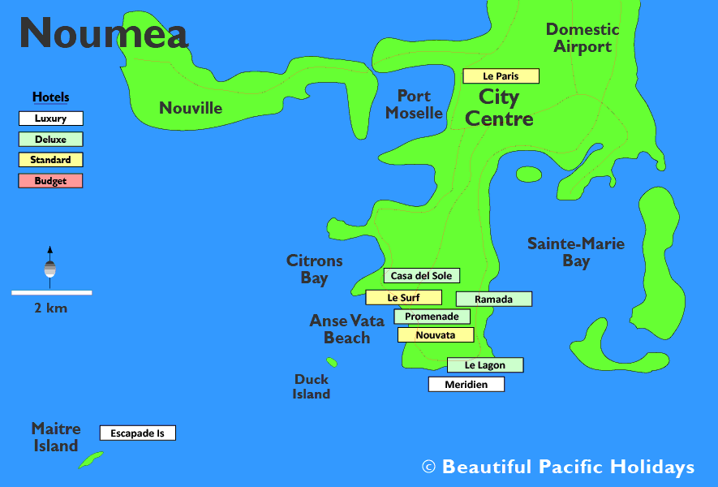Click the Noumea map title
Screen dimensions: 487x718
point(104,32)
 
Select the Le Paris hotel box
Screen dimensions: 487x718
point(501,76)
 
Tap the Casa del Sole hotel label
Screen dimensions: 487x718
point(421,276)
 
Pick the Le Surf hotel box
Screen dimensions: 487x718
point(403,298)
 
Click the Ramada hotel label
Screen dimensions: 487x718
point(493,300)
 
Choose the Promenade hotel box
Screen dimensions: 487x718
point(432,317)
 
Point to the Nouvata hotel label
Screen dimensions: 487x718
point(435,335)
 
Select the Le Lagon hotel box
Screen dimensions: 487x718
point(485,365)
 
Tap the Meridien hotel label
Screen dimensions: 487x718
point(466,385)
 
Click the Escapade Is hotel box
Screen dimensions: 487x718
point(137,433)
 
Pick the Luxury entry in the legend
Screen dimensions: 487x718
point(50,119)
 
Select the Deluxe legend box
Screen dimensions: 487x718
point(50,140)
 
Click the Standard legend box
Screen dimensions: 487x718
point(50,160)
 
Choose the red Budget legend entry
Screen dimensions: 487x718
point(50,181)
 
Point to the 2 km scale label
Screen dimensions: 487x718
point(50,308)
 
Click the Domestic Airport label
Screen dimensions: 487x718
point(582,38)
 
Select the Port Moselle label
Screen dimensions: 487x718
point(414,105)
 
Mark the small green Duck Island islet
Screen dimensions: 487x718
point(331,362)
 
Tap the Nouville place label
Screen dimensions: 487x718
point(190,108)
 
